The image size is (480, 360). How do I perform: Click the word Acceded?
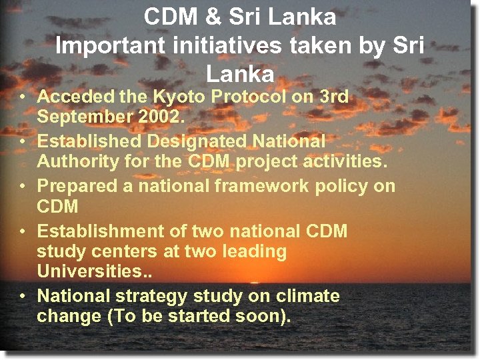point(75,96)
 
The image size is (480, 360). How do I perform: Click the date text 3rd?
point(334,96)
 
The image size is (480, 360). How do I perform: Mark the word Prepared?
point(76,185)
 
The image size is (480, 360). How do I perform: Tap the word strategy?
point(153,295)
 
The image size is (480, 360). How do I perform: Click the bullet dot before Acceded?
point(22,97)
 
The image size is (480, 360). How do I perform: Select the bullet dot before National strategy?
point(22,297)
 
